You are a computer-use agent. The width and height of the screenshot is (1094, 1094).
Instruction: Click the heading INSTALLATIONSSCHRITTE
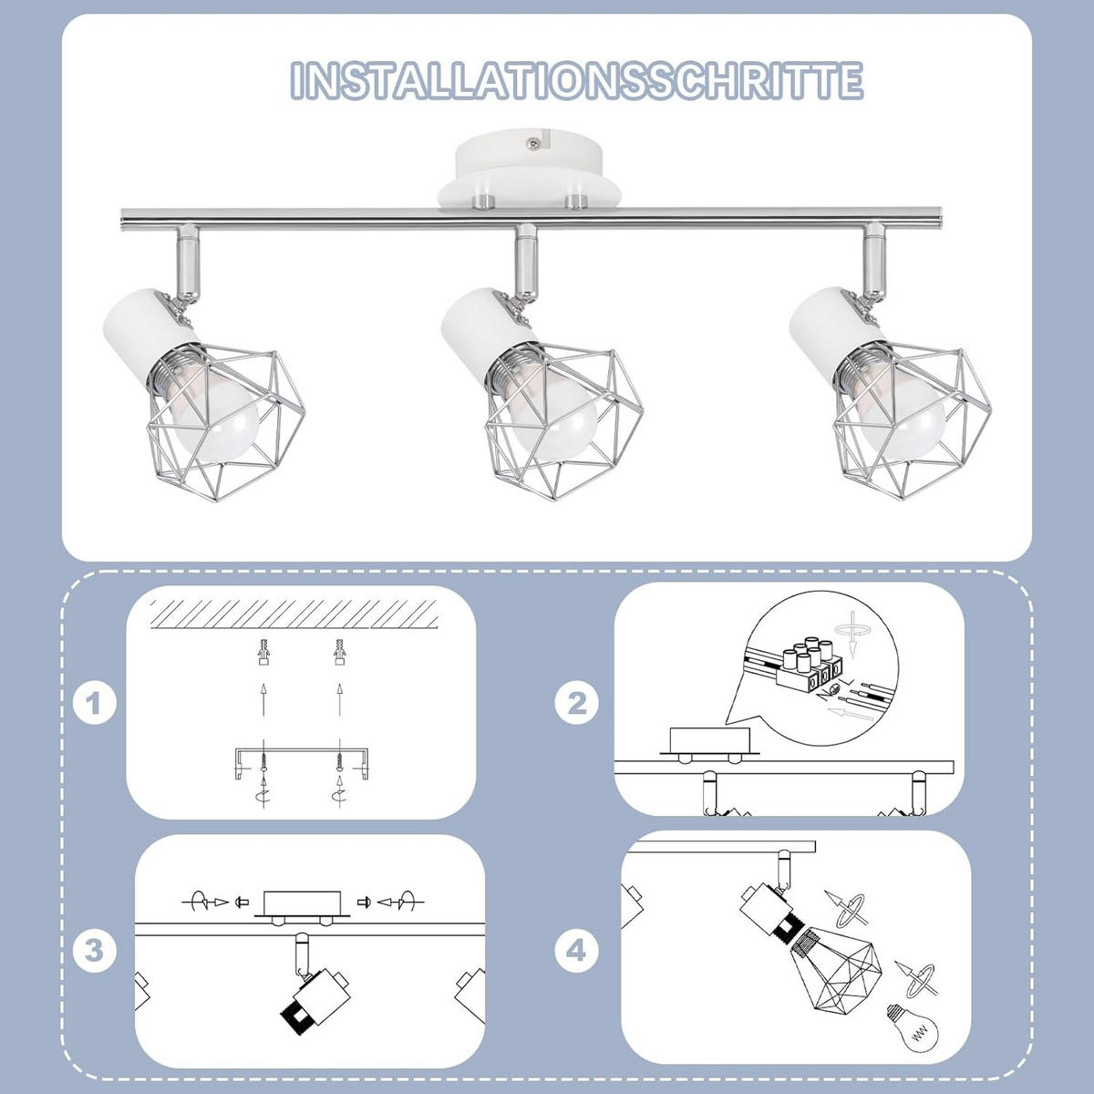(x=576, y=80)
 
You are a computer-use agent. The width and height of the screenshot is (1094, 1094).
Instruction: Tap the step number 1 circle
(x=95, y=704)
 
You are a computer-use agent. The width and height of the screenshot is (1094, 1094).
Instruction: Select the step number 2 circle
(x=577, y=704)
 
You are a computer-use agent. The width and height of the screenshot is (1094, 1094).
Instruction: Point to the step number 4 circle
(x=577, y=951)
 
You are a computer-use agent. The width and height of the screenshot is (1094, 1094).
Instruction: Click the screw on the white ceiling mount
(x=531, y=141)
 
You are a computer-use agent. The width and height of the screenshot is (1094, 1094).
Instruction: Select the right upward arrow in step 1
(x=339, y=700)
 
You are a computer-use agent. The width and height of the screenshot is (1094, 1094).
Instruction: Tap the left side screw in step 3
(x=240, y=903)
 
